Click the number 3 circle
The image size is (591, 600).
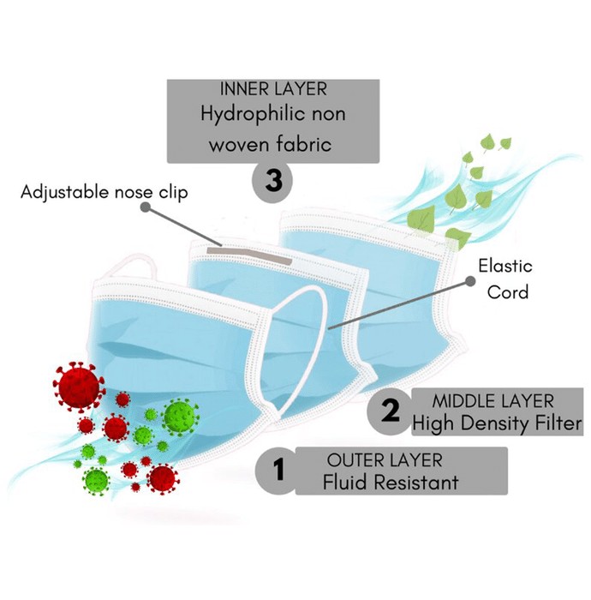272,180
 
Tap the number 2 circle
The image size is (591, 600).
389,411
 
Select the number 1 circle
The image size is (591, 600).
278,471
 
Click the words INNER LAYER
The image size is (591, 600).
273,89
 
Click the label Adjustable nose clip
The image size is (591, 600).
104,192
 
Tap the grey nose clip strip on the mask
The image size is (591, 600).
249,256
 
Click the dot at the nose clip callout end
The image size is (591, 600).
145,207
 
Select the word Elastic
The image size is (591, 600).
505,266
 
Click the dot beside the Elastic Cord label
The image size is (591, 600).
470,281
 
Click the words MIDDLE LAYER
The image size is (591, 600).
493,401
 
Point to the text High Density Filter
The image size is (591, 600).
497,423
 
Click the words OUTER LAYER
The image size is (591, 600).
385,460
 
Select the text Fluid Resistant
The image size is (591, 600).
391,482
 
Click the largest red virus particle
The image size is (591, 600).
79,387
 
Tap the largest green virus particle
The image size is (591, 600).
180,417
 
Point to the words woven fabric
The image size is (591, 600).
271,145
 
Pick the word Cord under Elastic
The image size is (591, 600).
508,292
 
